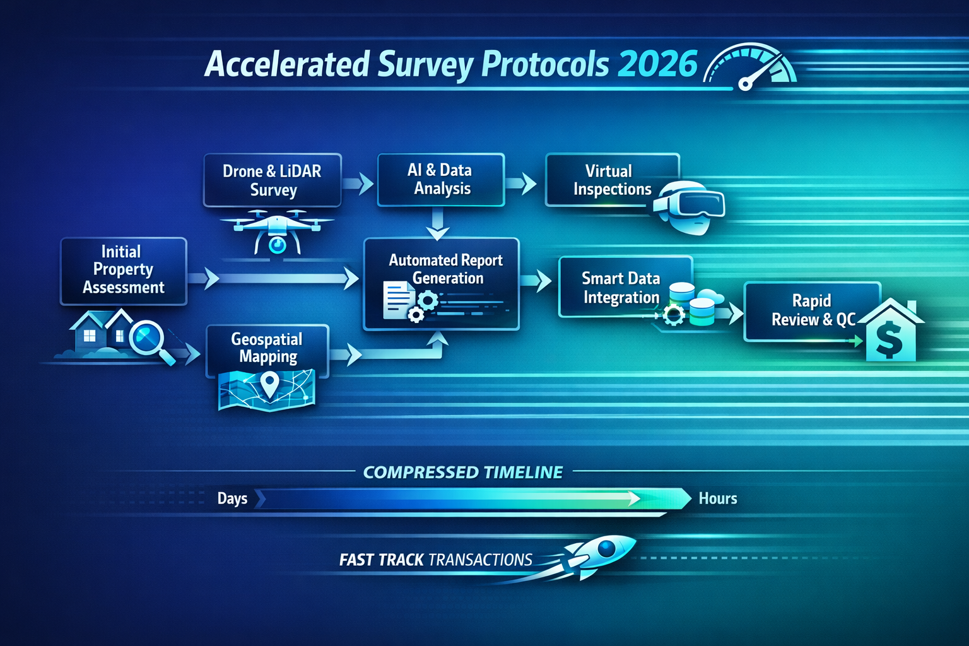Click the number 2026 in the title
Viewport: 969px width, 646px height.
point(657,64)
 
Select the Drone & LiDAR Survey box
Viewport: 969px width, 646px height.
point(272,180)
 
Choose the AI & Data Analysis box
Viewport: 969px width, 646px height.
point(440,180)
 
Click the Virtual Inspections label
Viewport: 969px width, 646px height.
point(611,180)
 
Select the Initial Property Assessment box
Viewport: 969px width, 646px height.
point(124,270)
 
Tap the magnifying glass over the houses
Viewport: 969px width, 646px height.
point(149,339)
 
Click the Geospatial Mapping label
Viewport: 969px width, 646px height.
point(267,348)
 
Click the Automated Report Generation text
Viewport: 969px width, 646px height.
point(446,269)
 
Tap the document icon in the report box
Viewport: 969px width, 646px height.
point(396,299)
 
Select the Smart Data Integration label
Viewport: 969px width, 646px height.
point(621,288)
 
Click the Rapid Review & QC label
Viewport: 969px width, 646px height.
point(812,310)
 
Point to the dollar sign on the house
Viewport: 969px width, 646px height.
point(889,339)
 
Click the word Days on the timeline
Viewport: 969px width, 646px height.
point(232,498)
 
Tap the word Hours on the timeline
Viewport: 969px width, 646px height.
point(717,498)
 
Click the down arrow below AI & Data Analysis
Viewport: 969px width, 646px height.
point(437,226)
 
